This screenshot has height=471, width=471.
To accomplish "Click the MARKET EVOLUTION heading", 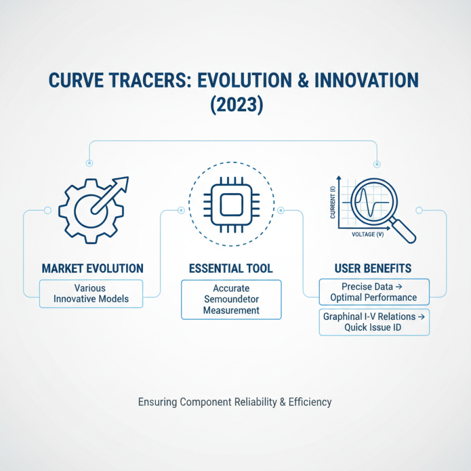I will point(92,268).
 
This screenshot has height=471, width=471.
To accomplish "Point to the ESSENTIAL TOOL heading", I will point(231,268).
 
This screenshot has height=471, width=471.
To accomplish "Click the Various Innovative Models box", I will point(91,294).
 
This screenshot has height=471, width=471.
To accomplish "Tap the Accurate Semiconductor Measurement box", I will point(231,300).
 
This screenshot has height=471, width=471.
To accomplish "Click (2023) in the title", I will point(235,107).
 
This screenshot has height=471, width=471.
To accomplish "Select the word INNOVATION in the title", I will point(370,81).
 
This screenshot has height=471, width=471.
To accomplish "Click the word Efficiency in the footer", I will point(310,403).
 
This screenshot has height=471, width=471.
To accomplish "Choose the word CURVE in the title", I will point(94,81).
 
